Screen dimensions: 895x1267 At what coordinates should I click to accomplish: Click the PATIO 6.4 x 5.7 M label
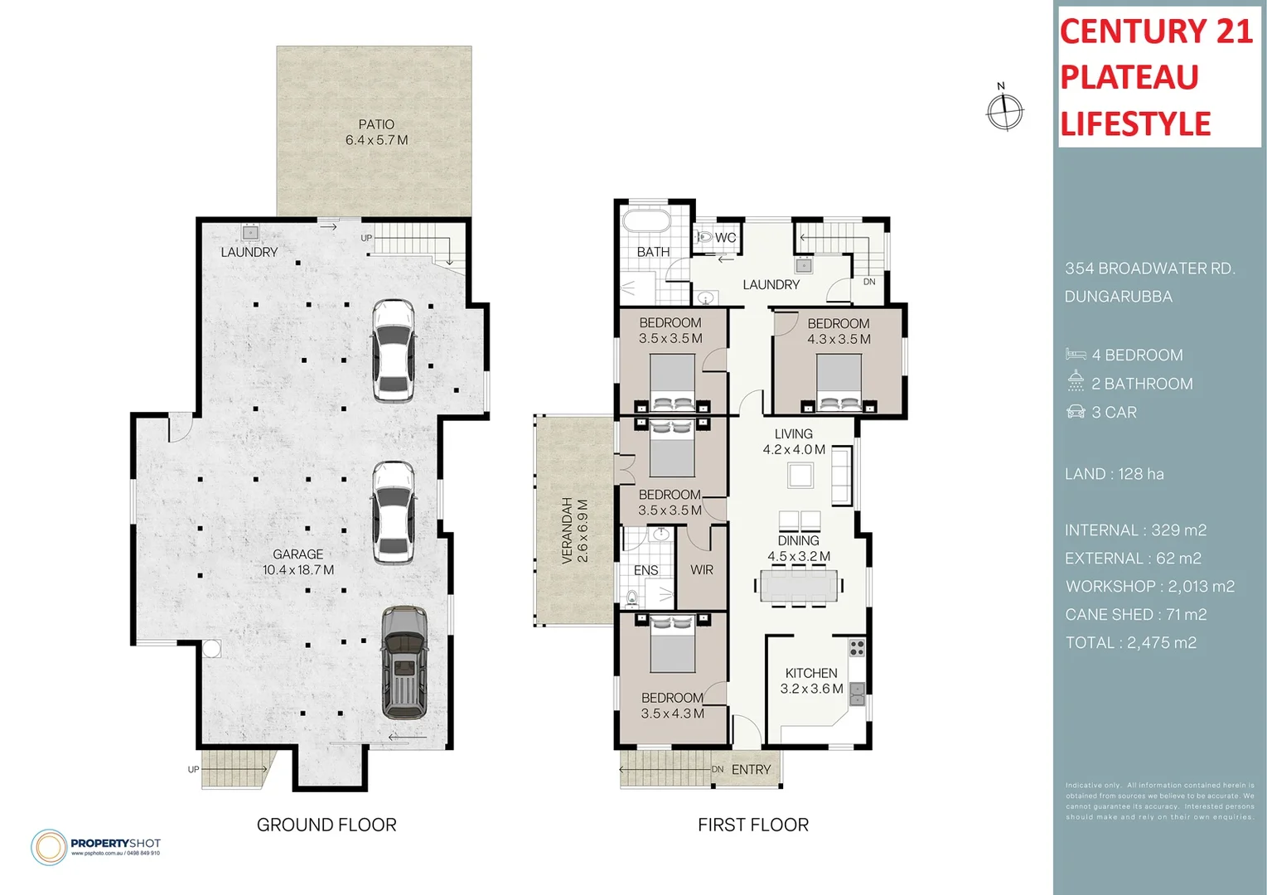click(x=376, y=133)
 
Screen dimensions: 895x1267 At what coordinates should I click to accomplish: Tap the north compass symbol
click(x=1004, y=110)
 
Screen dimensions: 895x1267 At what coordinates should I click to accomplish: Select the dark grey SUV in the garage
click(x=404, y=663)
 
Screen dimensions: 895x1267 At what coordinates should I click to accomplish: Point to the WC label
click(x=725, y=238)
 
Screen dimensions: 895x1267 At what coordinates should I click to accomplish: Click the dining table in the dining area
click(x=798, y=586)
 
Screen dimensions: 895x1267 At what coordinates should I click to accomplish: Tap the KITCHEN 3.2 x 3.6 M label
click(x=811, y=681)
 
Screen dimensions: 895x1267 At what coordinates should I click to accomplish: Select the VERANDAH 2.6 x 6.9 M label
click(x=574, y=531)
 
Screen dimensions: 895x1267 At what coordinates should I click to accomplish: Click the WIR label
click(x=702, y=570)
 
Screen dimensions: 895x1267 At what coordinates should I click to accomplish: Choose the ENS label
click(x=646, y=570)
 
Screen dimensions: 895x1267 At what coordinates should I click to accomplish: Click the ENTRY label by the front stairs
click(x=751, y=770)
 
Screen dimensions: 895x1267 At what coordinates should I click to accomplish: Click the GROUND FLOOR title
click(x=326, y=825)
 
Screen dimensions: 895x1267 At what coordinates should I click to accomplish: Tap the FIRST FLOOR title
click(x=752, y=825)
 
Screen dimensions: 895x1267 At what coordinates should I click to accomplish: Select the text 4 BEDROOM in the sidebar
click(x=1137, y=356)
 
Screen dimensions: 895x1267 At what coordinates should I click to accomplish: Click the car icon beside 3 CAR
click(x=1076, y=412)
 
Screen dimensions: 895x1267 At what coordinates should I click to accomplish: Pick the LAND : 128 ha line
click(x=1114, y=474)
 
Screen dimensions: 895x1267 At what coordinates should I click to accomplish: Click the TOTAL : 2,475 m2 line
click(x=1130, y=643)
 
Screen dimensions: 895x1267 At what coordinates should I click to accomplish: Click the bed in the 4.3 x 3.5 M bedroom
click(x=839, y=383)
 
